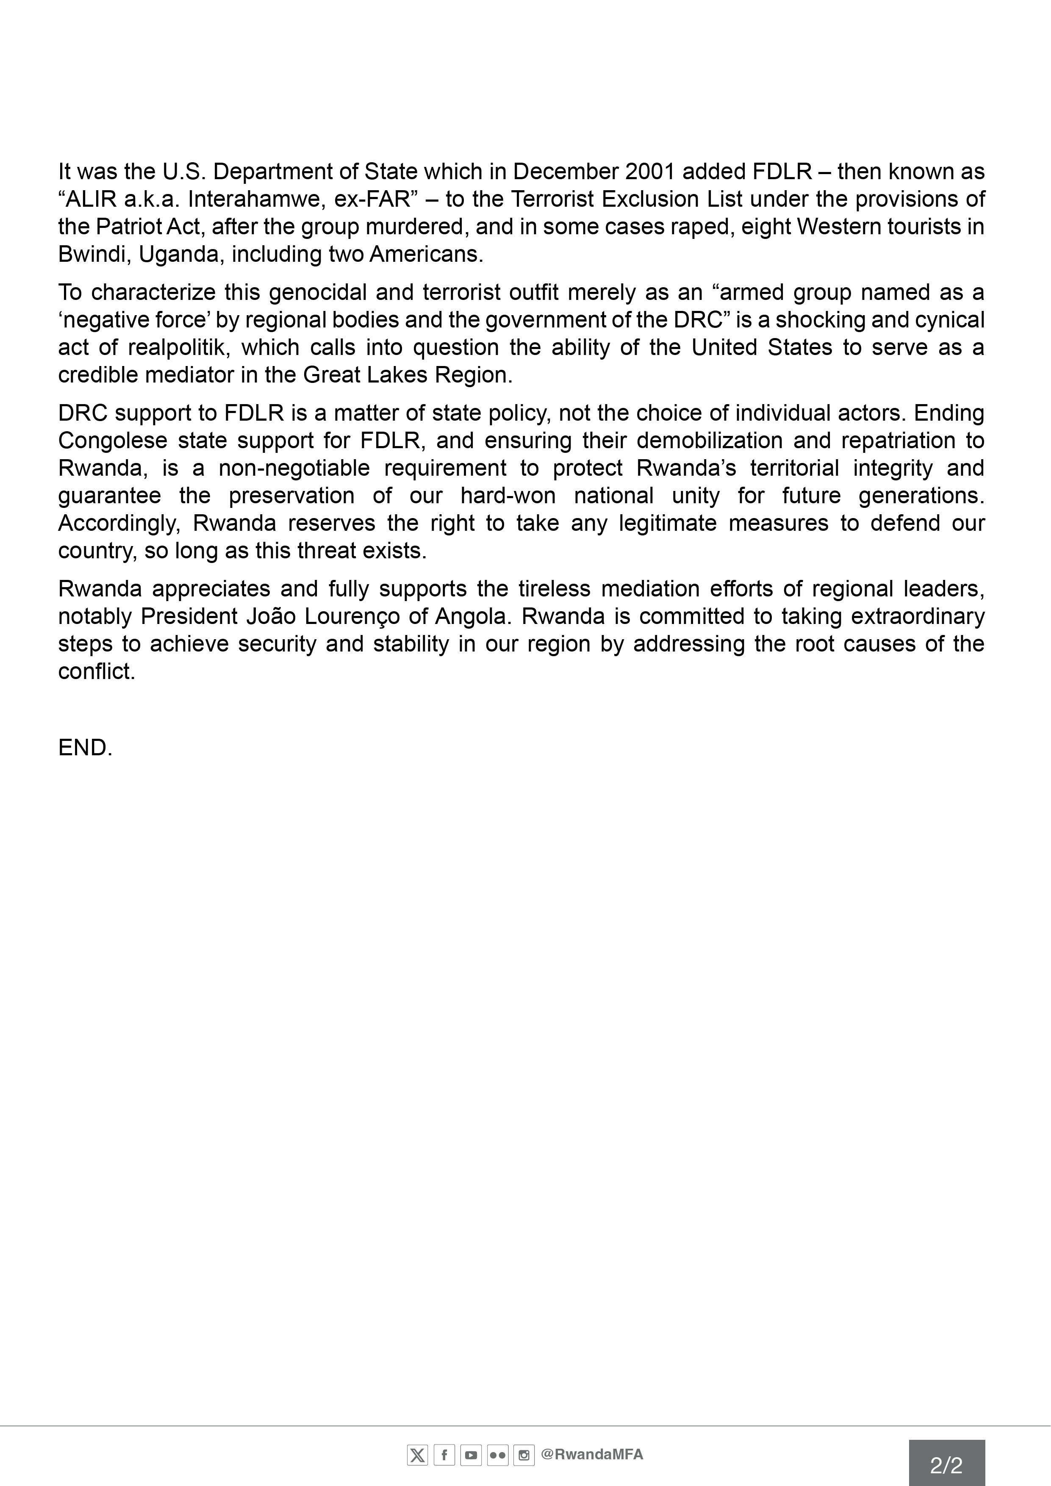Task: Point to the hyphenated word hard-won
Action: coord(507,496)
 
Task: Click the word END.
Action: coord(85,748)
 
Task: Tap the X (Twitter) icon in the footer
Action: coord(417,1456)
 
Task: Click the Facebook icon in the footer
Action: coord(444,1456)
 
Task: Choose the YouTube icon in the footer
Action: coord(471,1456)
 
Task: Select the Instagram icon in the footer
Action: coord(524,1456)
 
